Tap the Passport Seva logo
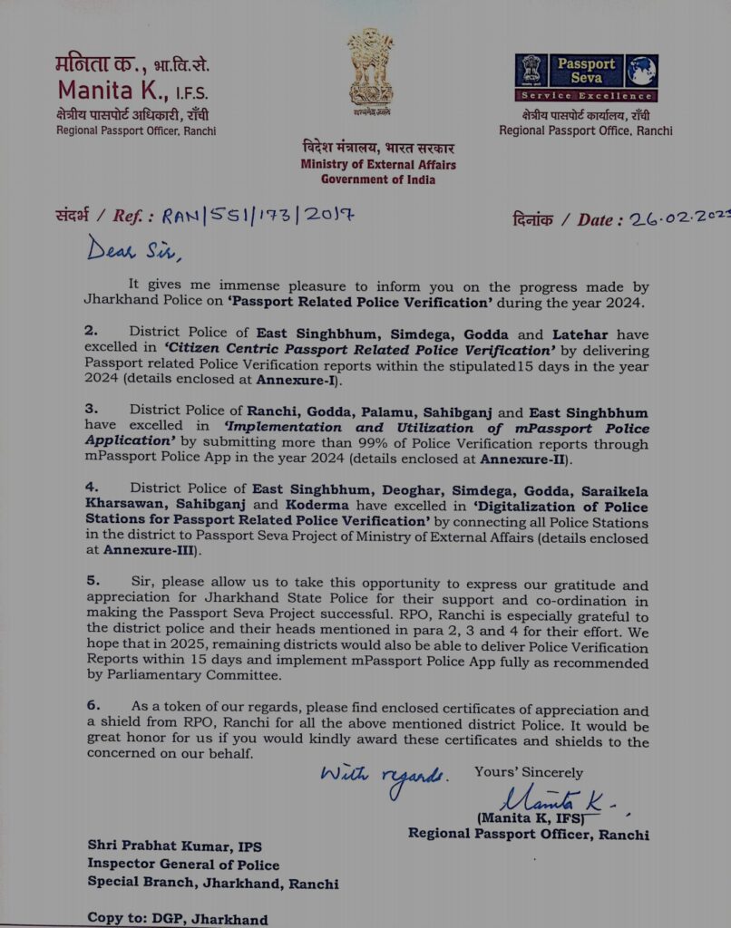coord(586,77)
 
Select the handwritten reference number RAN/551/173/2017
coord(258,215)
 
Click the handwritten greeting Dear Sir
coord(128,248)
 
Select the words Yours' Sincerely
coord(528,772)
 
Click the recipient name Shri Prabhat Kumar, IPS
coord(174,846)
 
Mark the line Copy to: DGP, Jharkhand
coord(177,918)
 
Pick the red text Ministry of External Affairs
coord(378,165)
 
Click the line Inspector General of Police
coord(183,865)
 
